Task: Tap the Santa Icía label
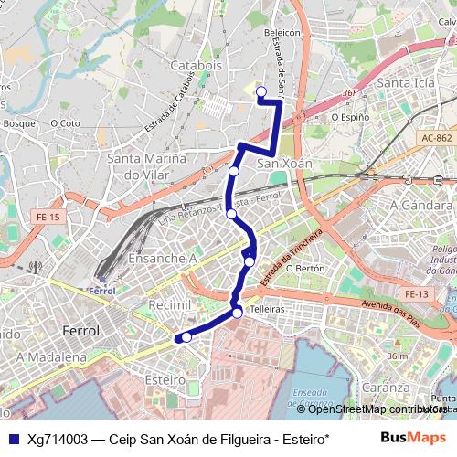coord(406,84)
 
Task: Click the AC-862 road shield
coord(438,138)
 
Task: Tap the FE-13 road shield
coord(417,293)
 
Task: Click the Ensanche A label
coord(162,259)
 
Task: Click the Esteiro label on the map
coord(165,378)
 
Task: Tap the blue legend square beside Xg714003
coord(13,439)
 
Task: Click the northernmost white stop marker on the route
coord(260,90)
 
